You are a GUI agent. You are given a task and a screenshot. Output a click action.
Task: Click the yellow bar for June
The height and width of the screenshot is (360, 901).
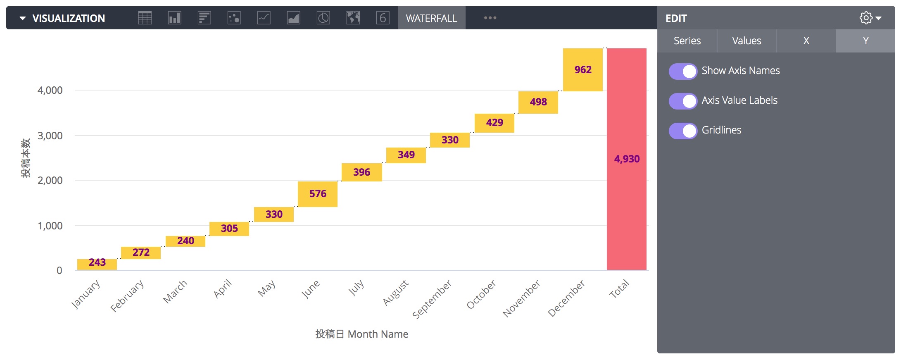click(317, 194)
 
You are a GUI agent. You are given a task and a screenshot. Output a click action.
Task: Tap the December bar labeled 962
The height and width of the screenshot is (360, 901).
click(582, 70)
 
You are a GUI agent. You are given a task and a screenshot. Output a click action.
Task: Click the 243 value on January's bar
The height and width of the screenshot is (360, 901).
click(97, 263)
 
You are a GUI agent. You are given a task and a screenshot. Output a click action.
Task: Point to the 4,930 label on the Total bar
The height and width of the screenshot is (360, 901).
click(627, 159)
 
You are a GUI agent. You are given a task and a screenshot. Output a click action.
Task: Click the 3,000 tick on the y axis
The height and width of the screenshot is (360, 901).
click(50, 136)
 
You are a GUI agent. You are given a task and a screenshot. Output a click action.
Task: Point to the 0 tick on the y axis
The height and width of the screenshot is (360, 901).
click(59, 271)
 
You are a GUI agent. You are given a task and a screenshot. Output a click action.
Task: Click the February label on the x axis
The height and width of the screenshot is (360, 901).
click(127, 296)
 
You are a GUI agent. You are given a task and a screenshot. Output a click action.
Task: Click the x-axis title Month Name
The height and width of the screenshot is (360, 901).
click(361, 334)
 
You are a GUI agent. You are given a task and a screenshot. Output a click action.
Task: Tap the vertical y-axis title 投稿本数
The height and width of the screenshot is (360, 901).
click(26, 158)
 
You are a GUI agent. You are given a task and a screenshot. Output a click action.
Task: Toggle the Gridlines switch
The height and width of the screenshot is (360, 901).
click(683, 131)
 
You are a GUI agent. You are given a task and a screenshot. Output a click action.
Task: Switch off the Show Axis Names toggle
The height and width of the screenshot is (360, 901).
click(683, 71)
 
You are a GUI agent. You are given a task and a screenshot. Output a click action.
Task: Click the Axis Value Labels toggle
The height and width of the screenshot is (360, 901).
click(683, 101)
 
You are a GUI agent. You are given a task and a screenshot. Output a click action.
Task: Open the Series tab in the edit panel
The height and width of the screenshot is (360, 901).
click(687, 41)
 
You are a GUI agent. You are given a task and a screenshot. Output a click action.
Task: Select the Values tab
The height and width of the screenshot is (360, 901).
click(746, 41)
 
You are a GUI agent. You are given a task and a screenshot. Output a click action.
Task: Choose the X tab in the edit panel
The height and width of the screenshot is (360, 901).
click(806, 41)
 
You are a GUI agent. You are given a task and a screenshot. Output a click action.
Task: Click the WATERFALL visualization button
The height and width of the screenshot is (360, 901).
click(431, 18)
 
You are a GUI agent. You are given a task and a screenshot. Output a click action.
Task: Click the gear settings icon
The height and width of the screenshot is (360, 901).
click(866, 18)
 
